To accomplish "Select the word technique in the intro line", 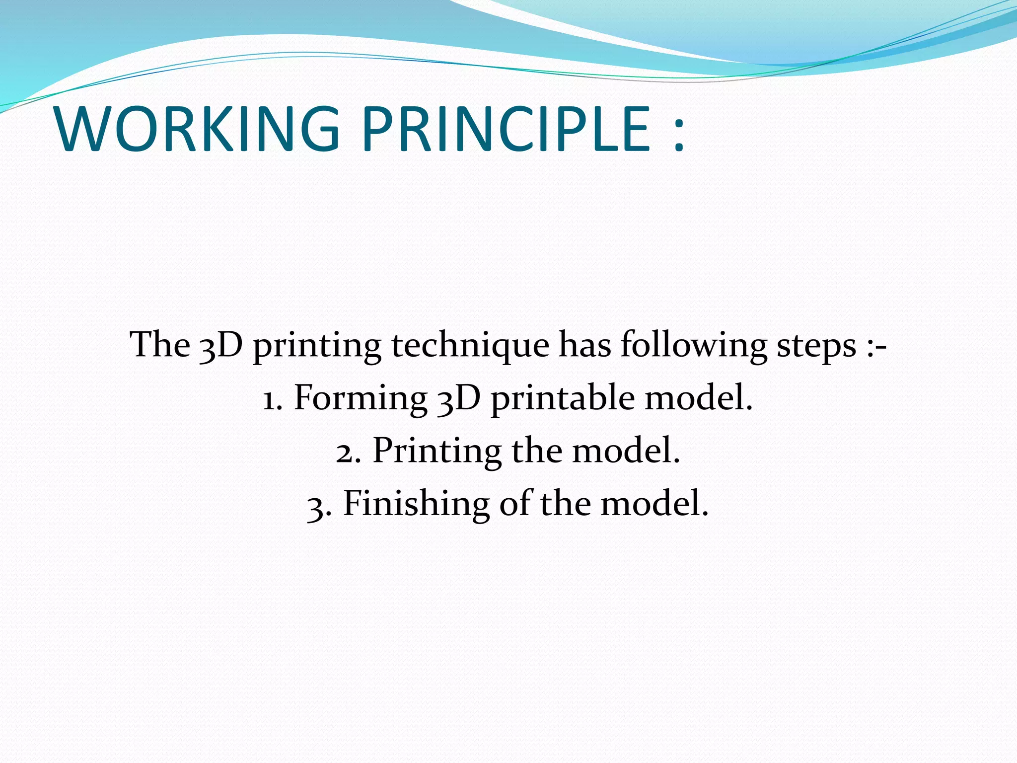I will point(470,345).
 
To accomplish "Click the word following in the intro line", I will point(693,345).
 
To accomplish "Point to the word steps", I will point(816,345).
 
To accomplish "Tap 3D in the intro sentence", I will point(221,345).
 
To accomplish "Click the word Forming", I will point(361,399).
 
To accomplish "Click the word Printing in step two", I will point(436,452).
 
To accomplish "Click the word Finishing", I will point(416,504).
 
